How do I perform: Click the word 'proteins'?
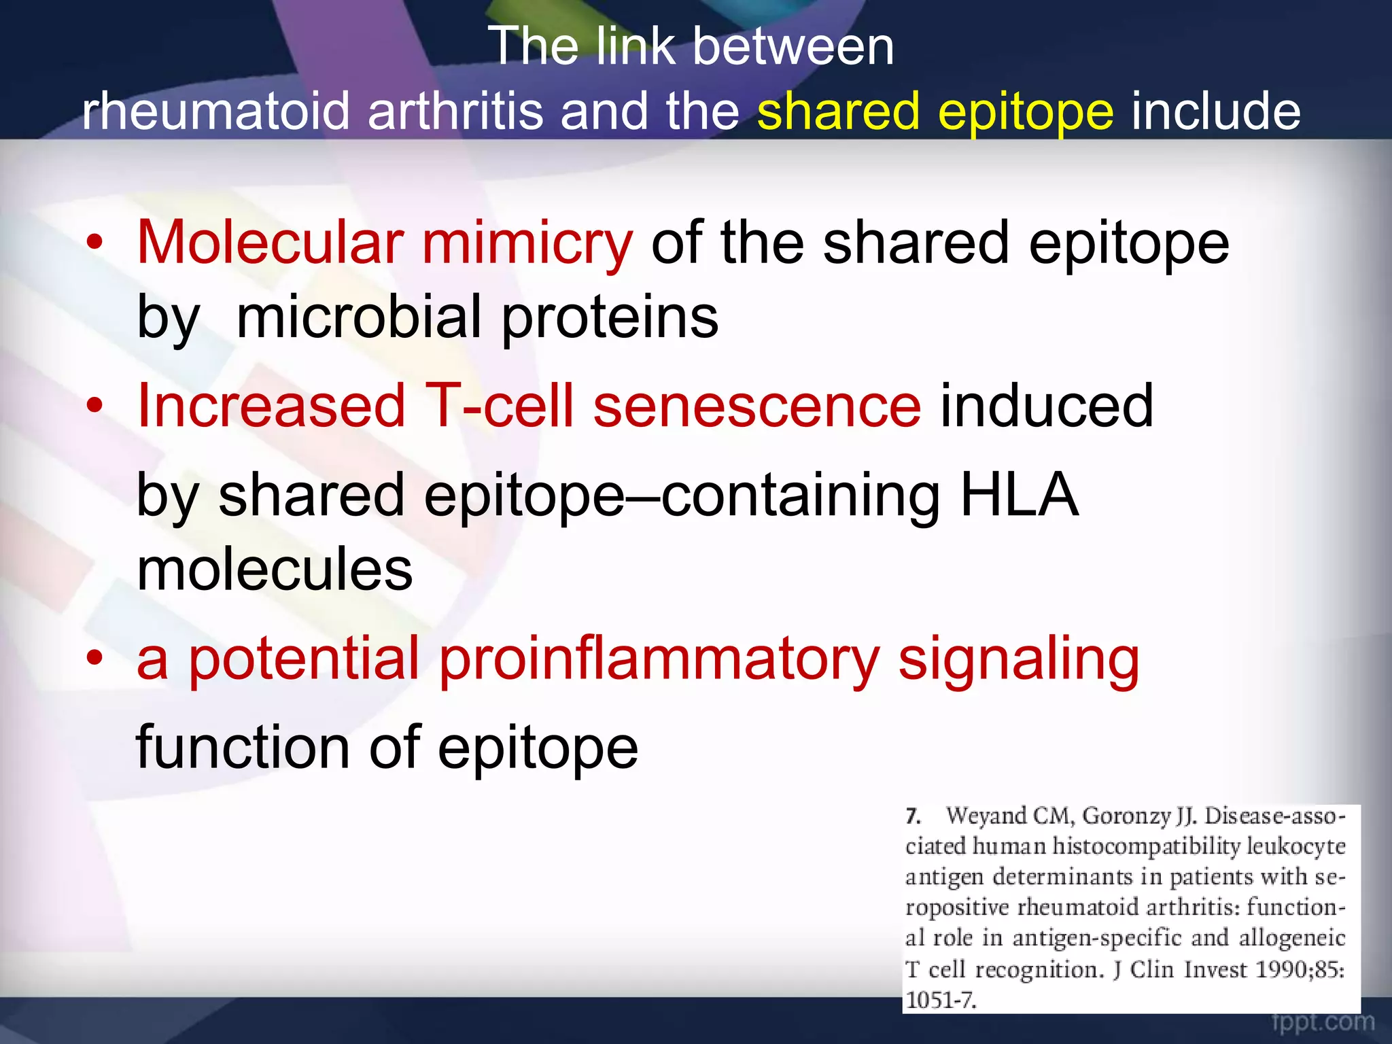(610, 318)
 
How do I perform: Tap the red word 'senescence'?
(756, 406)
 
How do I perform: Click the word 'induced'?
(1047, 406)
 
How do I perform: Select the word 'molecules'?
(275, 570)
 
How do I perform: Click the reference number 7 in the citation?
(913, 816)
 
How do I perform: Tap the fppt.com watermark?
(1323, 1022)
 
